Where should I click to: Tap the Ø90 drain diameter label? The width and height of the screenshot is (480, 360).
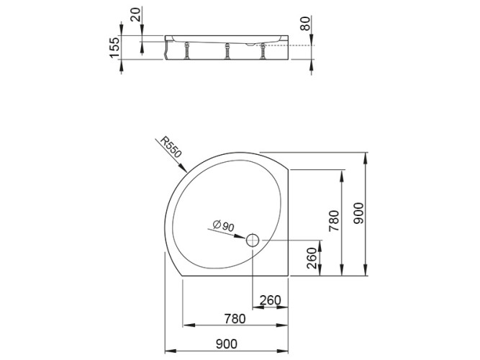[x=223, y=226]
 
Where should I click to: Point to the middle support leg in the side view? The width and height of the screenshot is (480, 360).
[x=227, y=52]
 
